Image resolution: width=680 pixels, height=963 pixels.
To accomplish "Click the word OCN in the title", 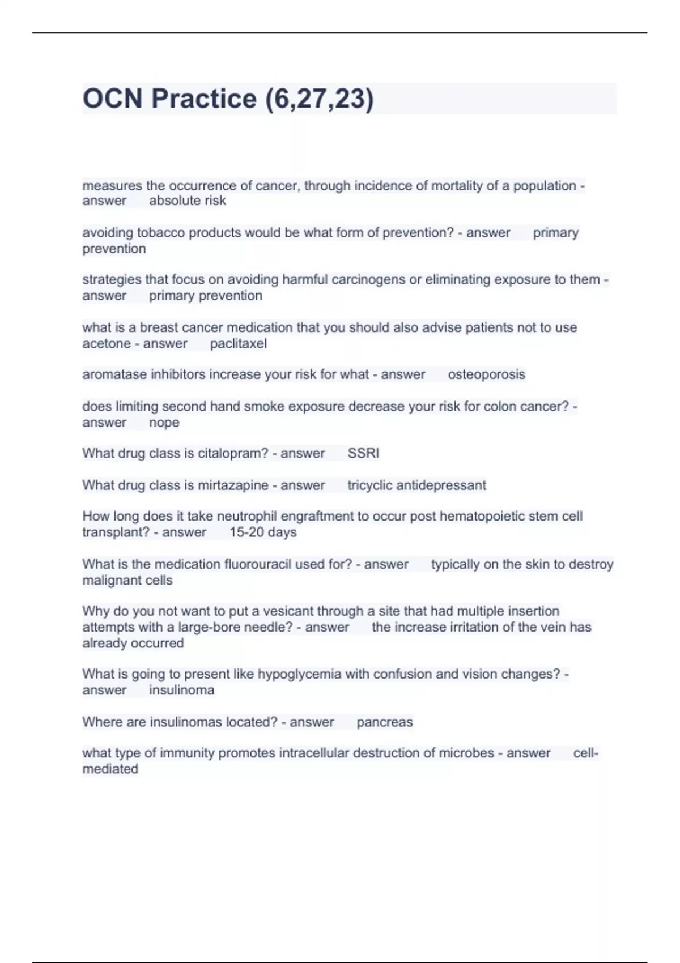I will [112, 99].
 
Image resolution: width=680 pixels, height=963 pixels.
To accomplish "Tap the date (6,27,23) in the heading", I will [319, 99].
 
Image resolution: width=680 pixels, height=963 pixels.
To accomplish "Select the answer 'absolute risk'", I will [187, 201].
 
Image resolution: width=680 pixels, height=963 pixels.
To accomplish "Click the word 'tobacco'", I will [161, 233].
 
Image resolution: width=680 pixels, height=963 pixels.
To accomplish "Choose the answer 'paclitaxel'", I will [238, 344].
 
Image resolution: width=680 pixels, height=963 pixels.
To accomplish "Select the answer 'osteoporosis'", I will [486, 374].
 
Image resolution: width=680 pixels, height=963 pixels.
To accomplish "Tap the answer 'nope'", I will [164, 423].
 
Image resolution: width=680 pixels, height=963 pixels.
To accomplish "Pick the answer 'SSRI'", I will [363, 453].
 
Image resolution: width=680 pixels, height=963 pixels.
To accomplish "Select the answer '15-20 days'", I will [263, 532].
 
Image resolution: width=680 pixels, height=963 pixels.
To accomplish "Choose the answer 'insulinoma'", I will [181, 691].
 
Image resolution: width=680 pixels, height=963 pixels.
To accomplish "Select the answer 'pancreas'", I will [384, 722].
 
